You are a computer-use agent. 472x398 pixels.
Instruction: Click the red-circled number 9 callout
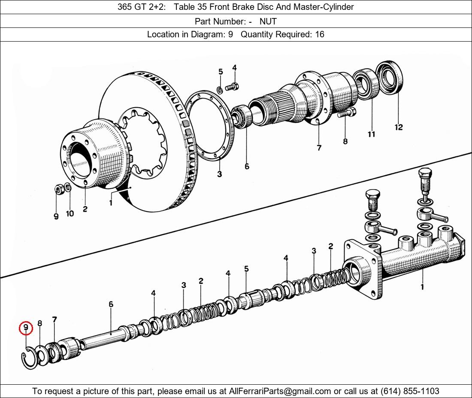tap(26, 328)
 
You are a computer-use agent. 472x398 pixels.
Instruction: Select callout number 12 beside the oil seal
tap(399, 127)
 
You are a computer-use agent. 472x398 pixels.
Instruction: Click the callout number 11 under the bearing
tap(371, 134)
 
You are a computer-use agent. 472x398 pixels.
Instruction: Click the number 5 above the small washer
tap(221, 72)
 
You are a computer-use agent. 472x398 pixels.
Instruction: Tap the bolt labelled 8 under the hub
tap(346, 113)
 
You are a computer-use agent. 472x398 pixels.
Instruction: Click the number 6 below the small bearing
tap(247, 166)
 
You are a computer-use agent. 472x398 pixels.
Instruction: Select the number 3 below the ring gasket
tap(219, 174)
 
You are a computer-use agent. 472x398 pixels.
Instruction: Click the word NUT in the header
tap(268, 21)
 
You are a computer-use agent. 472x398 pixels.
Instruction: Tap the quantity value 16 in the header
tap(320, 34)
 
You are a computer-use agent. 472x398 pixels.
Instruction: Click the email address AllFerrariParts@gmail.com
tap(280, 391)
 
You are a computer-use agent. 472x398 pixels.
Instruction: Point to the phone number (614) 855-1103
tap(410, 391)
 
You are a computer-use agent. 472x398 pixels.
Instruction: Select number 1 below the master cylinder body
tap(422, 286)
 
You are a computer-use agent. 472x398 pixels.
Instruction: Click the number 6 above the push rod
tap(111, 305)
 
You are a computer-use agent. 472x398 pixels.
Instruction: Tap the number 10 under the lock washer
tap(70, 214)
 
